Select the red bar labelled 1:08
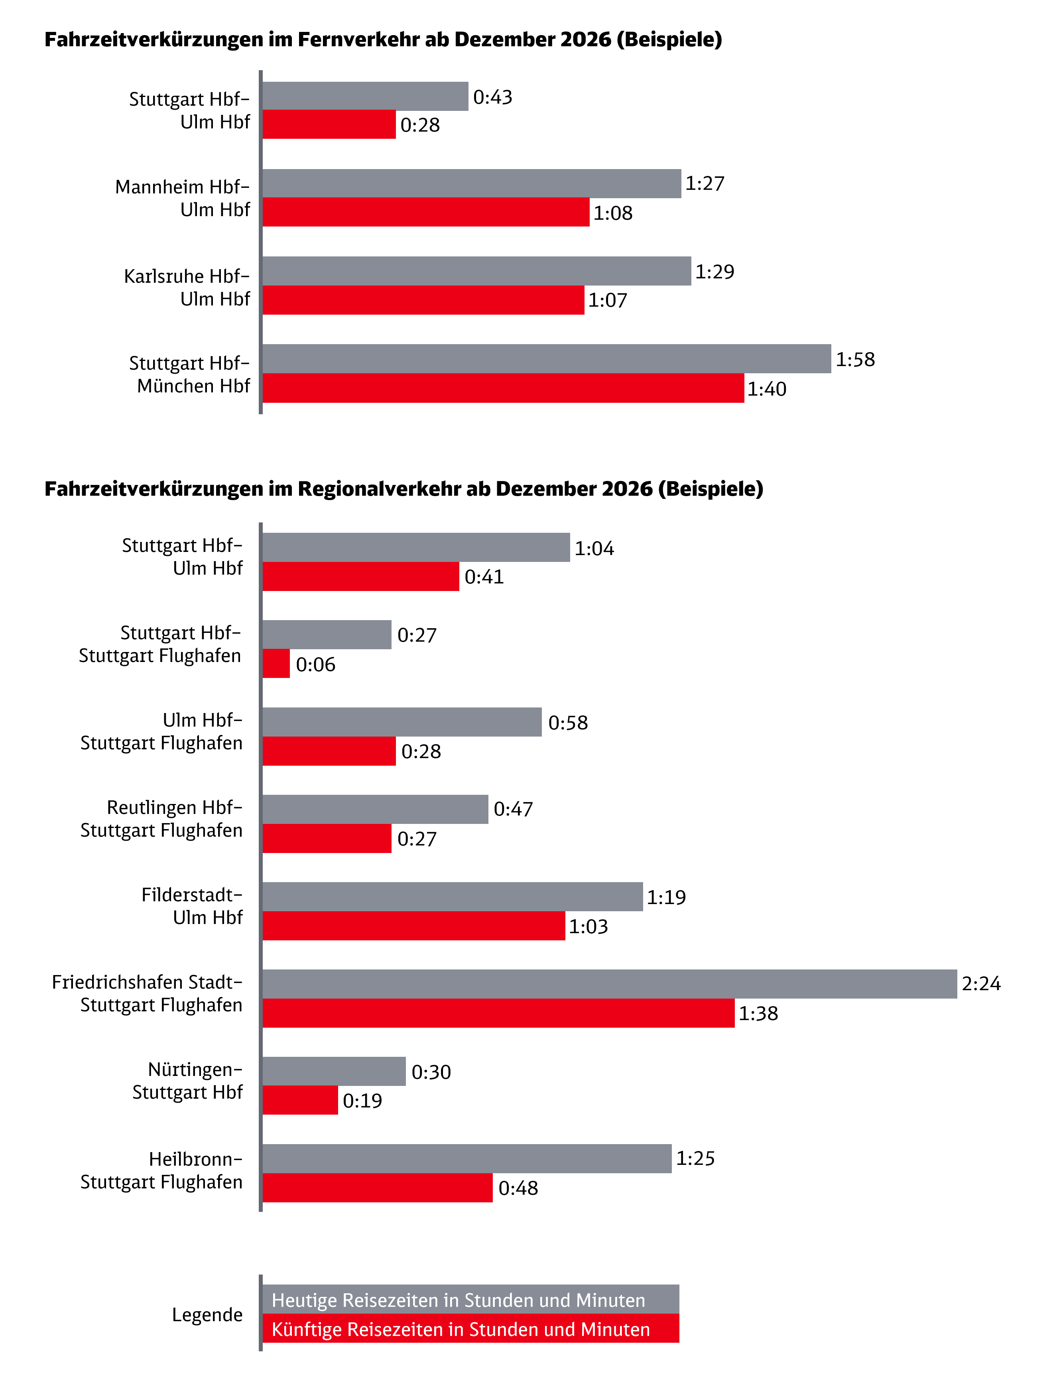pyautogui.click(x=425, y=212)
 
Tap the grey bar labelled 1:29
pyautogui.click(x=476, y=271)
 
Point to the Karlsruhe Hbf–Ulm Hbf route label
pyautogui.click(x=187, y=287)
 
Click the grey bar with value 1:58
pyautogui.click(x=546, y=359)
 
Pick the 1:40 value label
pyautogui.click(x=766, y=389)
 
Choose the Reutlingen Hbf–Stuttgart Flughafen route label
pyautogui.click(x=162, y=819)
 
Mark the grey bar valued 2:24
pyautogui.click(x=609, y=983)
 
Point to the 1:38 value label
pyautogui.click(x=758, y=1013)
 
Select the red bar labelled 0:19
pyautogui.click(x=300, y=1100)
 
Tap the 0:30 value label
pyautogui.click(x=431, y=1072)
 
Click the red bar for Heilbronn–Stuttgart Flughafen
pyautogui.click(x=378, y=1188)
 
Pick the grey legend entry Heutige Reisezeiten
pyautogui.click(x=470, y=1300)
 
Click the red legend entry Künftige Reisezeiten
pyautogui.click(x=470, y=1329)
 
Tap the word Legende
pyautogui.click(x=207, y=1315)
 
